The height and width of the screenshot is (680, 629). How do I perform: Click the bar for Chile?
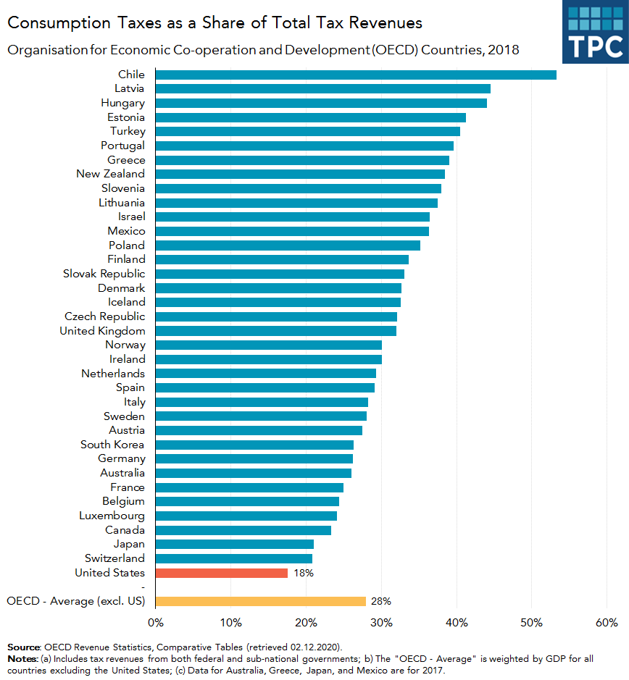(355, 75)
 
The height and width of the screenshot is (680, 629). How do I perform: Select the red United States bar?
(221, 573)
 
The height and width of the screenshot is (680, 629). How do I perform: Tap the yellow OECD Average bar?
(260, 601)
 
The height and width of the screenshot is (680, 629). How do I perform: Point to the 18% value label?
(303, 573)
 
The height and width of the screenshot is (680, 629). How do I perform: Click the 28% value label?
(381, 601)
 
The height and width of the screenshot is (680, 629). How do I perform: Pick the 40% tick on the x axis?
(457, 623)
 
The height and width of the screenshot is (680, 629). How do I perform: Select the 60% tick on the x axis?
(607, 623)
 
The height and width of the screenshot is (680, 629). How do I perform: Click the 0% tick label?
(155, 623)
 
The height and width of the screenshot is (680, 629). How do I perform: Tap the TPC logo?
(596, 32)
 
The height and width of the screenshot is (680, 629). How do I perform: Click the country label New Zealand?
(110, 174)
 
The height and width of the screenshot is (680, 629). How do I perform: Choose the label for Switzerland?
(114, 558)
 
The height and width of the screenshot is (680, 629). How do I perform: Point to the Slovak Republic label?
(104, 274)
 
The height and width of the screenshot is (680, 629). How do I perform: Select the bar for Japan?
(234, 544)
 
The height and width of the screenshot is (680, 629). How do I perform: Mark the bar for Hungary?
(320, 103)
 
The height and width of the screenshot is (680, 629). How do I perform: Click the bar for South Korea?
(254, 445)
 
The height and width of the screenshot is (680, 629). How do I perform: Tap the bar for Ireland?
(268, 359)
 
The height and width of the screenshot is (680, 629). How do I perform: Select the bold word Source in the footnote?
(24, 646)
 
